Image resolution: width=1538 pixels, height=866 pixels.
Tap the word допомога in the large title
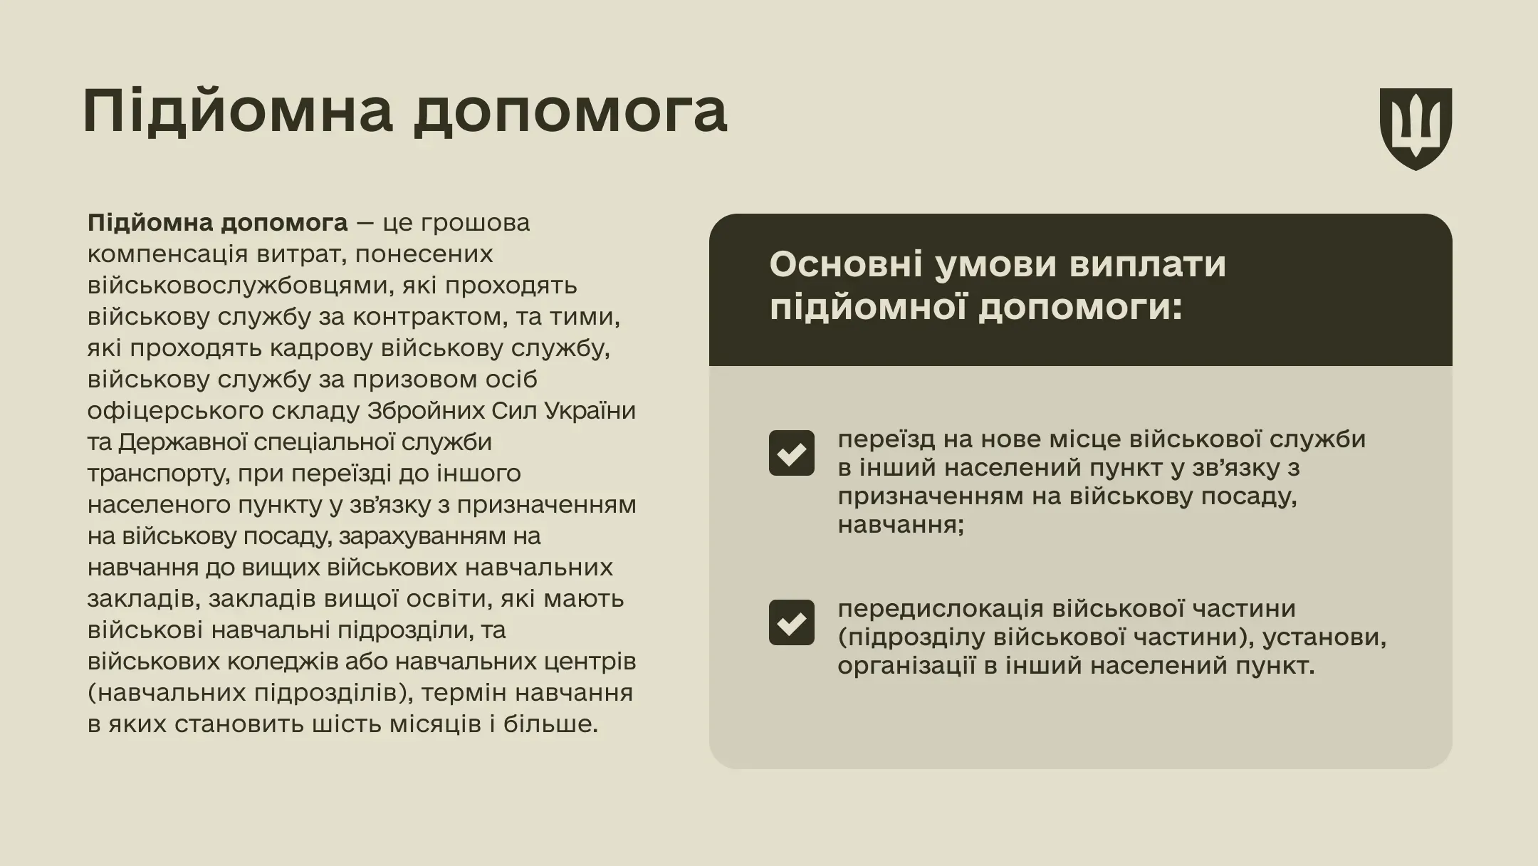point(570,113)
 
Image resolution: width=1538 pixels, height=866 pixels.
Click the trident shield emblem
point(1416,128)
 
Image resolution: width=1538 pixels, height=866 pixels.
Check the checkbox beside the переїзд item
point(791,453)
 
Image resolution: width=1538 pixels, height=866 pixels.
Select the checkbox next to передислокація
point(791,622)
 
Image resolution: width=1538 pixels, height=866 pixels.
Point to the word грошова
point(475,223)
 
